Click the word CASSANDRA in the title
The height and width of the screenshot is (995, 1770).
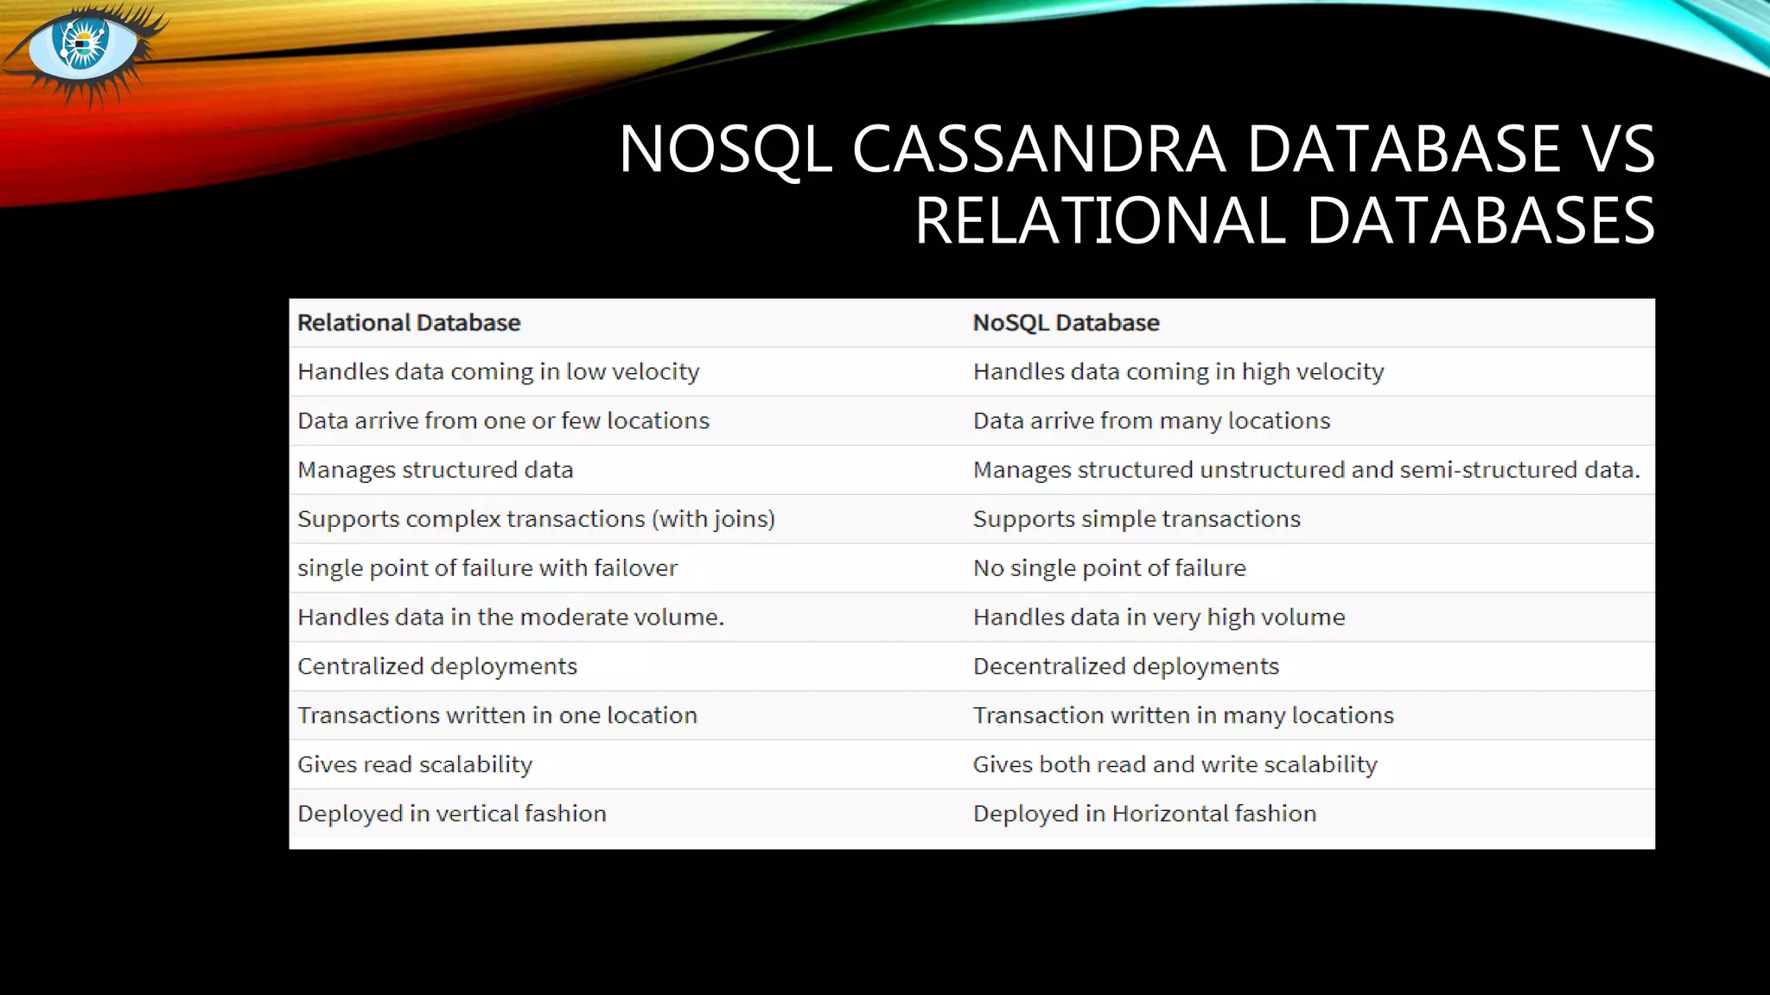click(x=1038, y=149)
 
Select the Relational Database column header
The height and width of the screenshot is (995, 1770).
click(x=409, y=323)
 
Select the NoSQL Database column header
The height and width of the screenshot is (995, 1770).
click(x=1066, y=323)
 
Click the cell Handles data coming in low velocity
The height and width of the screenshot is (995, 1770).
click(x=499, y=372)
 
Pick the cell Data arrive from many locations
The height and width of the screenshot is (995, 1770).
click(x=1151, y=421)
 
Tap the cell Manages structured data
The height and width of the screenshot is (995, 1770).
click(x=436, y=470)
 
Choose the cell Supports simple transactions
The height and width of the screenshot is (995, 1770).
click(x=1136, y=519)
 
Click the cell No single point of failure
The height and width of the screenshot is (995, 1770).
click(x=1110, y=568)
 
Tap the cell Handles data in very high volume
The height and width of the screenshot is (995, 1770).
click(x=1159, y=618)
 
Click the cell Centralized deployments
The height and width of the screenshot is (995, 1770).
click(x=437, y=667)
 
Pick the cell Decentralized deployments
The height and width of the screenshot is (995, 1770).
click(x=1125, y=667)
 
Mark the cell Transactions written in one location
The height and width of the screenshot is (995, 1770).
click(x=497, y=716)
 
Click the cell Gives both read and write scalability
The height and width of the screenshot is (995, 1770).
click(x=1175, y=765)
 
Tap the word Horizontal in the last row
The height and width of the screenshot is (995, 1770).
click(x=1169, y=814)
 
